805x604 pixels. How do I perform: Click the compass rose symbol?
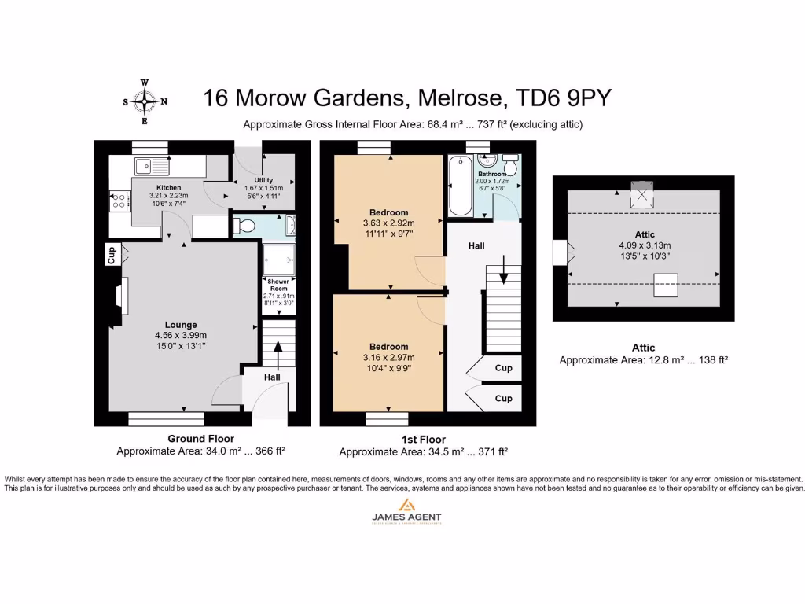(145, 101)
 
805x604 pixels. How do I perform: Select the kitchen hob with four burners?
(120, 201)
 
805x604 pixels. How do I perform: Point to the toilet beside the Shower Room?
(246, 226)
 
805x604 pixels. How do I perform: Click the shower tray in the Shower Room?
(277, 258)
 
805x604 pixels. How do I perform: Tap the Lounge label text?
(181, 325)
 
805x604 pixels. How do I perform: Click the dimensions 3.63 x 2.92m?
(390, 223)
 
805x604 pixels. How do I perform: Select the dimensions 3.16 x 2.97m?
(390, 358)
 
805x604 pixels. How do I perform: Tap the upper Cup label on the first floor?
(503, 368)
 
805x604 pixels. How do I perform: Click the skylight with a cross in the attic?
(643, 193)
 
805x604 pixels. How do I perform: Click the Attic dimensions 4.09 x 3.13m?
(644, 245)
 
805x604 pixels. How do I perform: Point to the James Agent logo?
(406, 510)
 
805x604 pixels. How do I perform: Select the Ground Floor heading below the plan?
(200, 439)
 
